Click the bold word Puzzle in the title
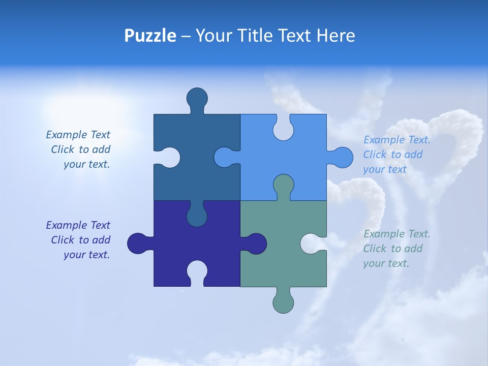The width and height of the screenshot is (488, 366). pos(150,36)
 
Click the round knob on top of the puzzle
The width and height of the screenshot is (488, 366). pos(197,98)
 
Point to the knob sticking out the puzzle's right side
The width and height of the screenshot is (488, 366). pos(342,158)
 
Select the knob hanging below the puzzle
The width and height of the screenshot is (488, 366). pos(283,302)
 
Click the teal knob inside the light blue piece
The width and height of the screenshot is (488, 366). pos(283,185)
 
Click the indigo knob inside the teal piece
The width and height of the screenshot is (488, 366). pos(255,243)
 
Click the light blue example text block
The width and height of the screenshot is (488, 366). pos(396,155)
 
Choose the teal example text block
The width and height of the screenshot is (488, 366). pos(396,249)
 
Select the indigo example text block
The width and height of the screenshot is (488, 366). pos(78,240)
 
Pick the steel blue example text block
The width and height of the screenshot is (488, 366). pos(78,149)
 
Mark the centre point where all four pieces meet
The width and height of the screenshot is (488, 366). pos(240,200)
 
